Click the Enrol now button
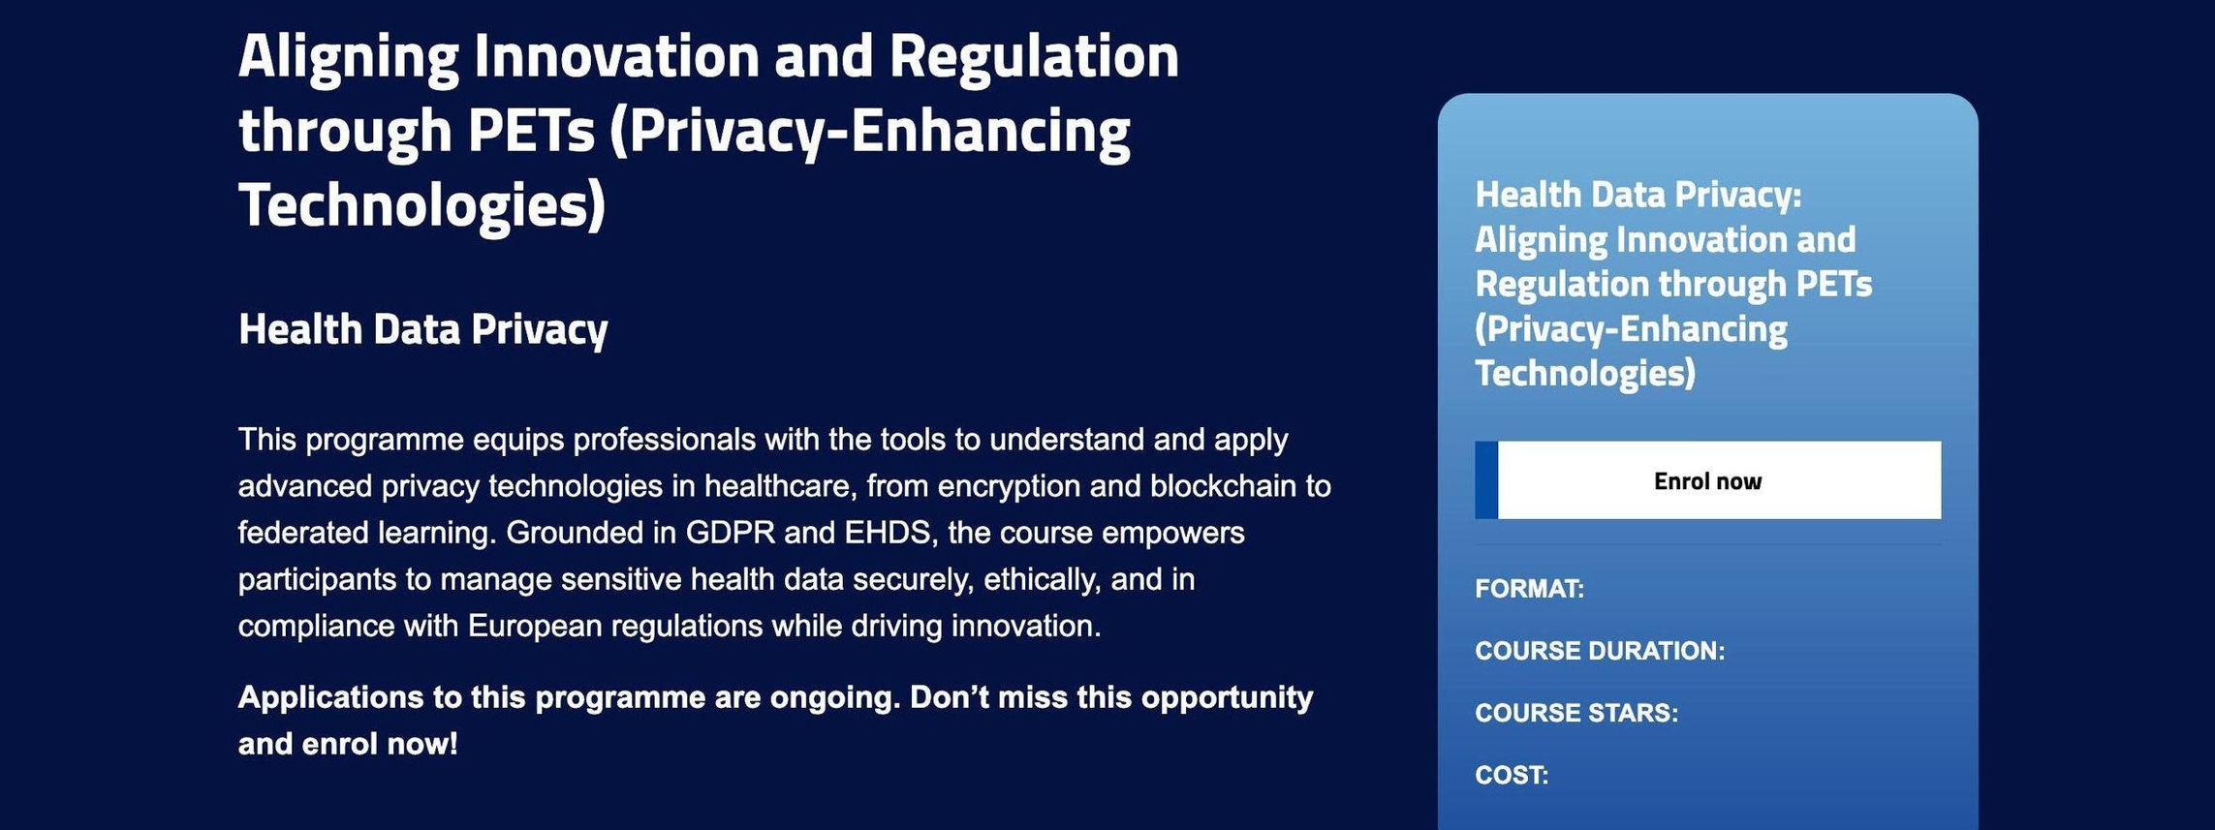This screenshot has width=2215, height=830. (1707, 480)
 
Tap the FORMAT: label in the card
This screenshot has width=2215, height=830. (1529, 589)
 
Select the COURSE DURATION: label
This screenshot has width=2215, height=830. (1600, 651)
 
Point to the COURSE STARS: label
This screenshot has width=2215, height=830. (1576, 713)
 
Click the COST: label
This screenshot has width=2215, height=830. (1512, 775)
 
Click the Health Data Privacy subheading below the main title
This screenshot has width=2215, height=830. (422, 329)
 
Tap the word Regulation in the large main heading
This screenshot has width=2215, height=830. (1034, 56)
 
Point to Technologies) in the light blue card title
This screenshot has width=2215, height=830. (1585, 374)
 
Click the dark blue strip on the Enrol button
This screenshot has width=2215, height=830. (1486, 480)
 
